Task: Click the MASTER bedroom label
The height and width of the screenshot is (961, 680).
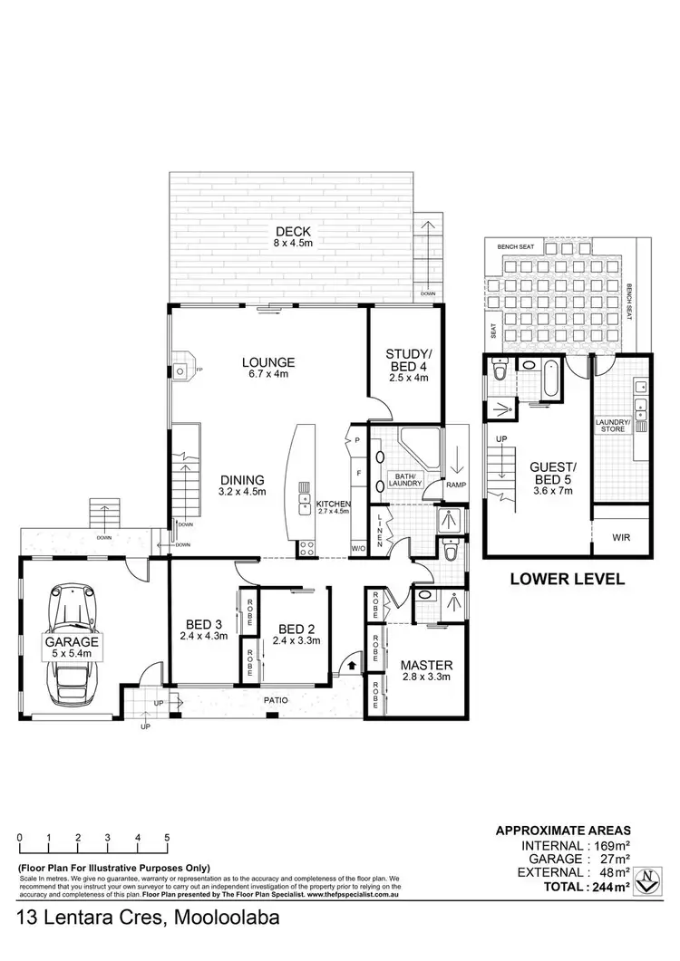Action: [426, 666]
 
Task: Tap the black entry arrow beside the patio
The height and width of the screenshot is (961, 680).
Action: [354, 668]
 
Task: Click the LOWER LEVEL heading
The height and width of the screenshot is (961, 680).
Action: [567, 579]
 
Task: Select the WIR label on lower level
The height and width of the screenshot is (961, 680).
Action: [621, 537]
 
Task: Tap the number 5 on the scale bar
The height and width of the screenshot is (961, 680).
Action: [167, 838]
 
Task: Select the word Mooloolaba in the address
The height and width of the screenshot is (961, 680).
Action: [222, 918]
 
